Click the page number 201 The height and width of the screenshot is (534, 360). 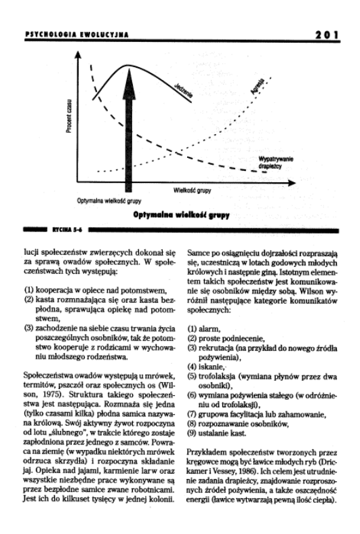[326, 35]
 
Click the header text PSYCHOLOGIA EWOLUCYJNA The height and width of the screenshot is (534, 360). [77, 35]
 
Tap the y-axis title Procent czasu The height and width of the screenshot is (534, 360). [68, 117]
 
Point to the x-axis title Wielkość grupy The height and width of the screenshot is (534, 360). [192, 190]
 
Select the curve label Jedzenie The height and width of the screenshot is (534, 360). [184, 91]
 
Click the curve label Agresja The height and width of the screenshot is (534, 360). [257, 86]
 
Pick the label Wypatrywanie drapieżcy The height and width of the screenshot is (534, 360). [275, 163]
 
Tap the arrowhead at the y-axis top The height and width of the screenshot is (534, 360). [78, 55]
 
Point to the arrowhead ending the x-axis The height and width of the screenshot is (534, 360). [292, 183]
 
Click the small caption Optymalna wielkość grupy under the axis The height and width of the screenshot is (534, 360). [109, 201]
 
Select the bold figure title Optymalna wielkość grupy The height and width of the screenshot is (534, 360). [181, 215]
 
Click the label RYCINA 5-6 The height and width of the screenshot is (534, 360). [67, 230]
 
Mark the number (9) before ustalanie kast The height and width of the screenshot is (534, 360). [192, 434]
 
